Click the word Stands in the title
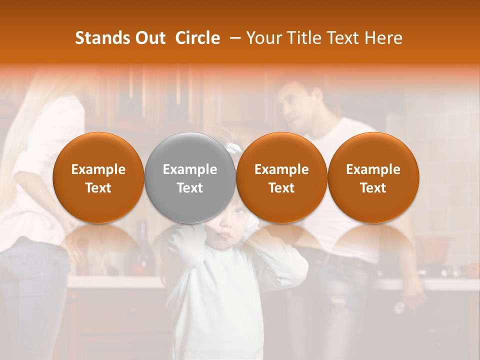pyautogui.click(x=98, y=38)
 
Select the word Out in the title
pyautogui.click(x=148, y=38)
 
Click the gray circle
pyautogui.click(x=190, y=178)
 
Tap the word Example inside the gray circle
pyautogui.click(x=190, y=169)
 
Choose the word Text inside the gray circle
pyautogui.click(x=190, y=188)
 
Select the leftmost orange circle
pyautogui.click(x=98, y=178)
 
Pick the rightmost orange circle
pyautogui.click(x=373, y=178)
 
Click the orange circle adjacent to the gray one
pyautogui.click(x=281, y=178)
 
